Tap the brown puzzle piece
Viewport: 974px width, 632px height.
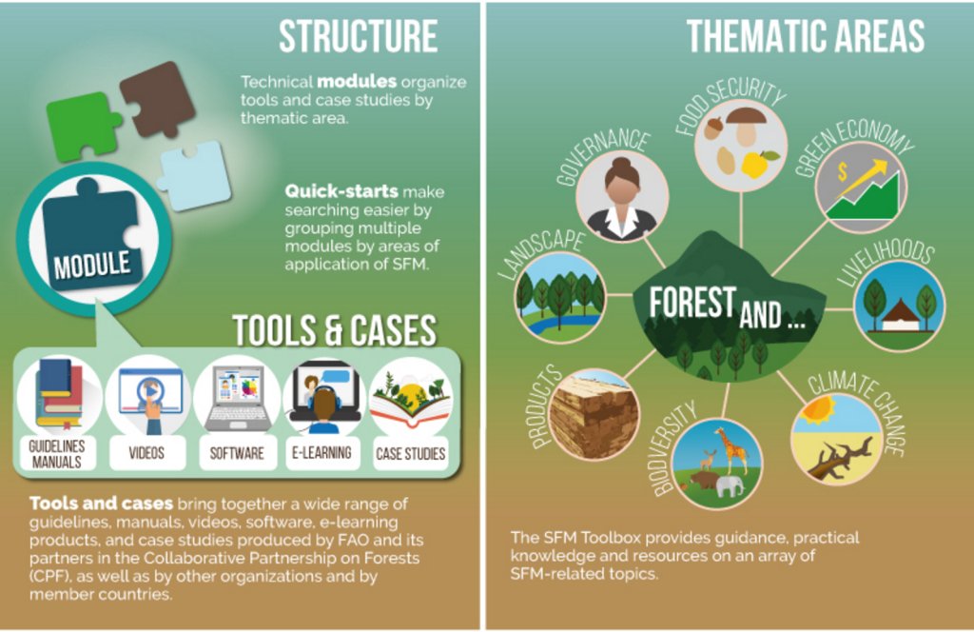click(x=157, y=96)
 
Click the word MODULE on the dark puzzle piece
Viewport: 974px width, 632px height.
click(x=91, y=264)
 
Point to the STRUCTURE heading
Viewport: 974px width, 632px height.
click(x=358, y=37)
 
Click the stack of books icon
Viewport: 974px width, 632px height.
click(x=59, y=394)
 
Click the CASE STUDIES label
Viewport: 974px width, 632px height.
click(x=411, y=454)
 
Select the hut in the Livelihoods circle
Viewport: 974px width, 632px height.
click(x=899, y=317)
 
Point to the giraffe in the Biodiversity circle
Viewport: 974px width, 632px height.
click(x=732, y=448)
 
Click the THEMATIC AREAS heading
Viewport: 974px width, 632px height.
click(x=805, y=37)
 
